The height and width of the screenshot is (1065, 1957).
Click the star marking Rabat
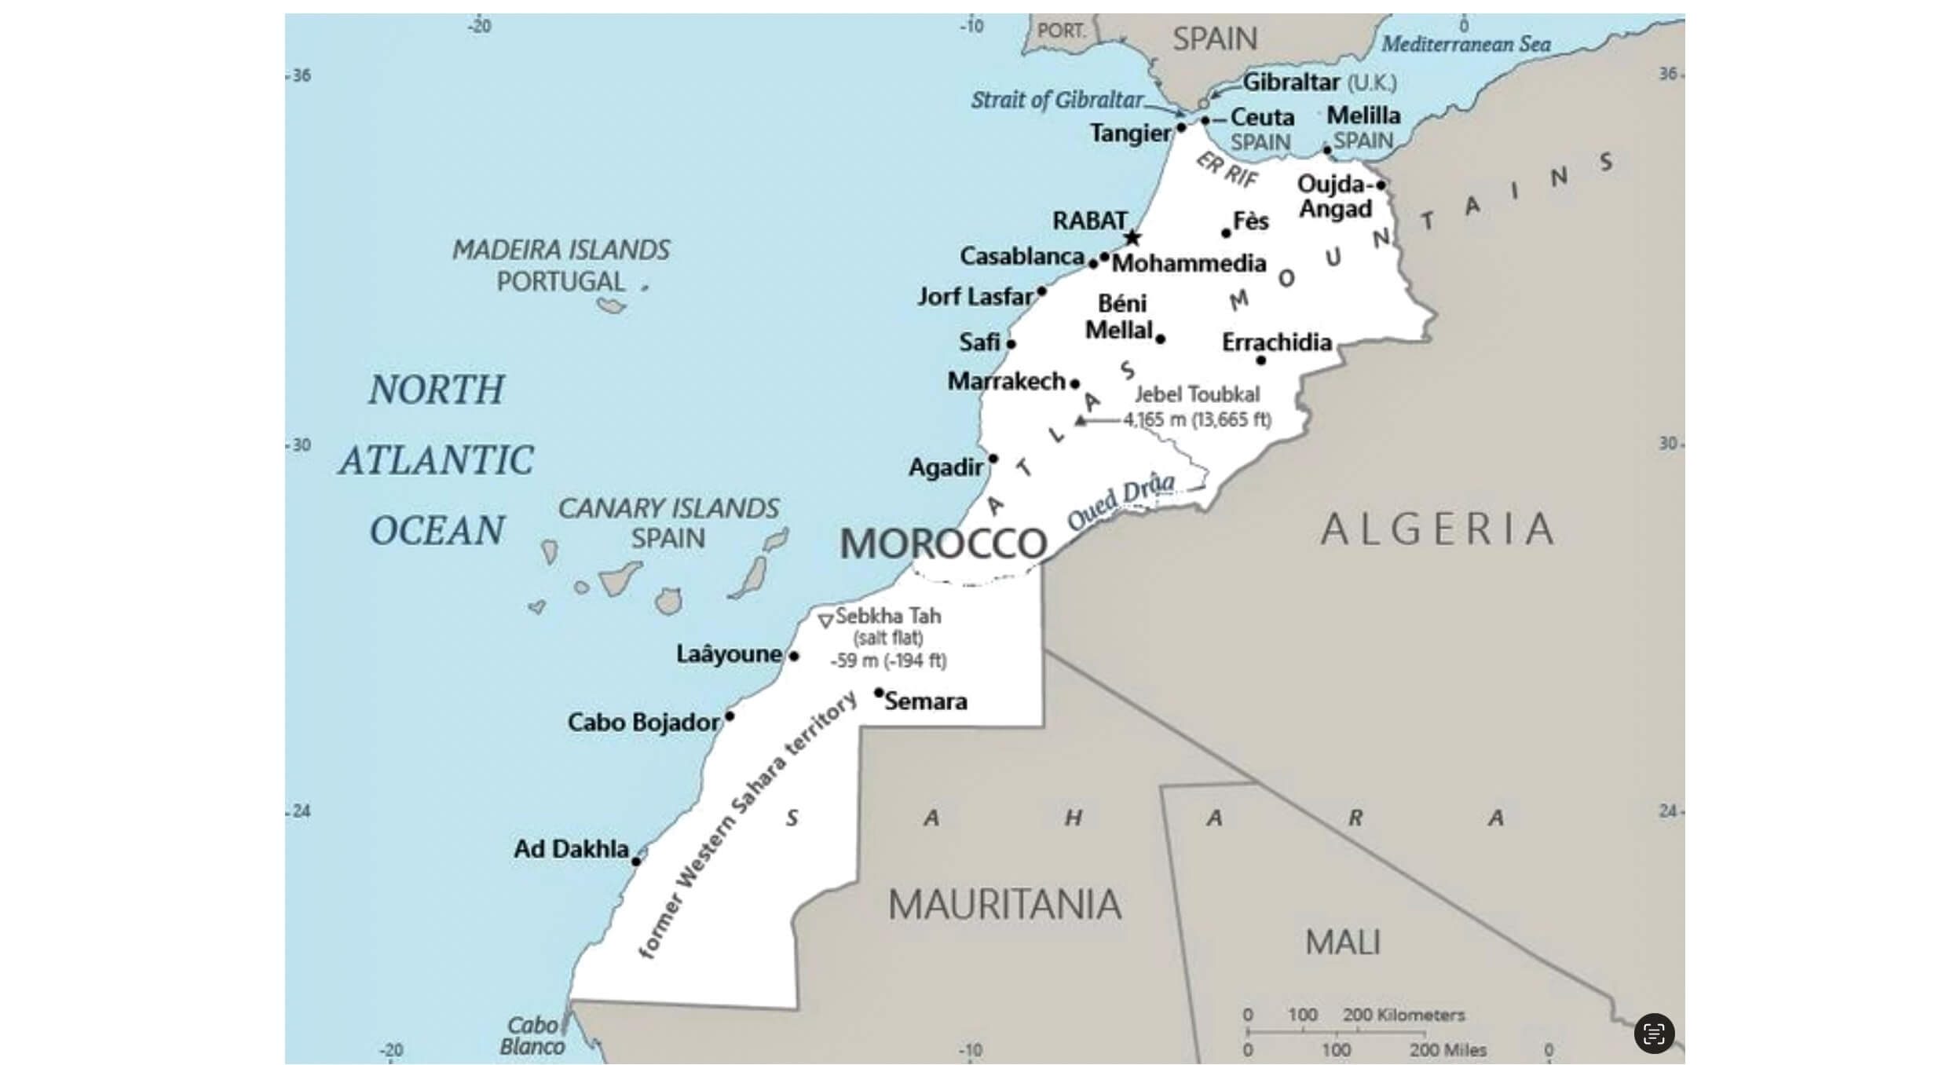point(1132,237)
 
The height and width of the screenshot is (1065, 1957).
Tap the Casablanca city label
point(1022,256)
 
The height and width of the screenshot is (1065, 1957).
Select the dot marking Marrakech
point(1075,384)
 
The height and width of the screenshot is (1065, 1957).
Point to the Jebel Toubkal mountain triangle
point(1081,421)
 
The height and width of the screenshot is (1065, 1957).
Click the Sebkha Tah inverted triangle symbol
point(825,621)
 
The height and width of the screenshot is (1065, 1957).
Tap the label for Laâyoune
point(728,654)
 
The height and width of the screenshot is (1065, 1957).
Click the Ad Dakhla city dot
point(636,862)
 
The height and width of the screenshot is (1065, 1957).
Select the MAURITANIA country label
point(1004,905)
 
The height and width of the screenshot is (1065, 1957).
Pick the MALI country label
point(1342,942)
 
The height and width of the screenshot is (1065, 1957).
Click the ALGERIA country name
point(1437,529)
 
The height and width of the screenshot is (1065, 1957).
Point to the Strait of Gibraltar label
point(1057,101)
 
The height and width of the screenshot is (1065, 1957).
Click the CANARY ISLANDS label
point(668,508)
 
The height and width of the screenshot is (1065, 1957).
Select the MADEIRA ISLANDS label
point(561,251)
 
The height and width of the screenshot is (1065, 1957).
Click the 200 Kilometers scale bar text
point(1403,1015)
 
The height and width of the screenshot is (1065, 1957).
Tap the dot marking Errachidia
point(1260,360)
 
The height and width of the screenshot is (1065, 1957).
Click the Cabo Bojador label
point(643,723)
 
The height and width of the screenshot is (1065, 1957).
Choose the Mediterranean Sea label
point(1465,44)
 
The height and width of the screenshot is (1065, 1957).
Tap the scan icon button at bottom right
point(1654,1033)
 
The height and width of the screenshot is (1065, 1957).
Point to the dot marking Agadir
point(993,459)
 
